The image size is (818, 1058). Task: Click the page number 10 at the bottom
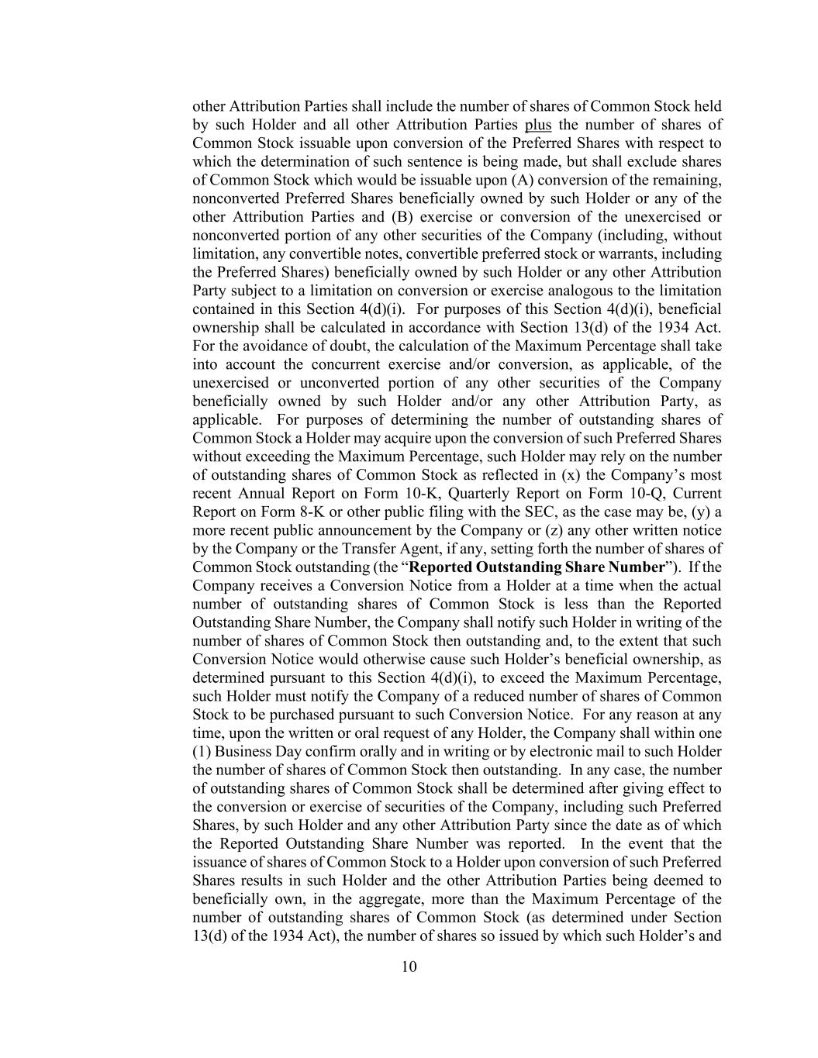tap(409, 967)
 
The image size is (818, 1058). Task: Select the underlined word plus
tap(538, 125)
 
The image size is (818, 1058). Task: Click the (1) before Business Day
tap(202, 752)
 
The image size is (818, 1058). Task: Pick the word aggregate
tap(422, 899)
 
